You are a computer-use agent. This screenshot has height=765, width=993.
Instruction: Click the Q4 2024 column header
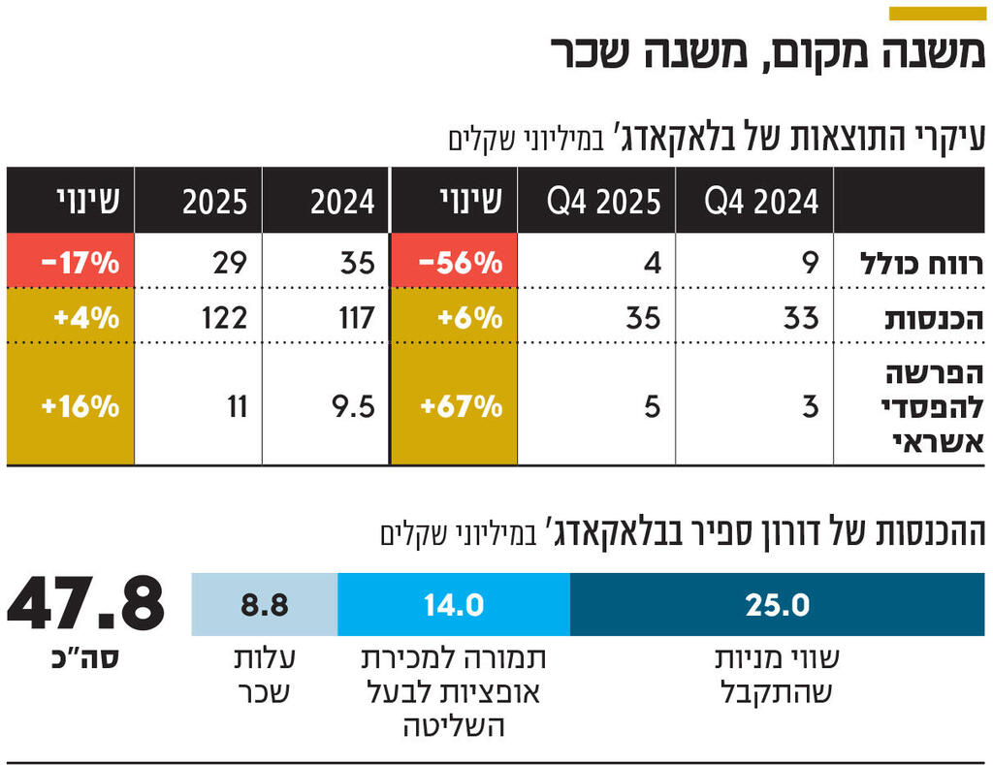(761, 202)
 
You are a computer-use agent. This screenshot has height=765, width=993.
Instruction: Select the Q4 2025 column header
(603, 202)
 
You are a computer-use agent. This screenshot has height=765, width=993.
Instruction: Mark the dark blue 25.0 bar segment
(777, 605)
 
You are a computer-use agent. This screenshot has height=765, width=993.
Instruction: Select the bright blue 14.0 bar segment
(453, 605)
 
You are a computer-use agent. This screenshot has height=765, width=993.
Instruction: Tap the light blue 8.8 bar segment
(265, 605)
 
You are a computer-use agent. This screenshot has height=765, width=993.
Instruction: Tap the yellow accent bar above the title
(937, 13)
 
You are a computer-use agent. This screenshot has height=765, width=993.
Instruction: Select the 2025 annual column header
(215, 202)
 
